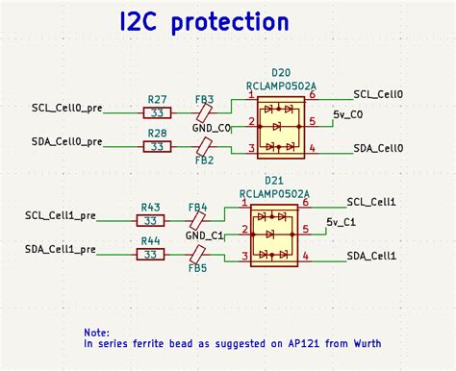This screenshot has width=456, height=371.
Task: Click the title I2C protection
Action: (203, 22)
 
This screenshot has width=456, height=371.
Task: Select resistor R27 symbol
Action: (158, 112)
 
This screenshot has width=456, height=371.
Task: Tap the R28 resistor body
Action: (158, 146)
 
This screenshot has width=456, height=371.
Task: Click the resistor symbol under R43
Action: (151, 221)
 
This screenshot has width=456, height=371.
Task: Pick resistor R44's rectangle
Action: (151, 255)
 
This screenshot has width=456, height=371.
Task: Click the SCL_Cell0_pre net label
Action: (66, 108)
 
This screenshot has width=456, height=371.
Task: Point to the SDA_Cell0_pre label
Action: (66, 141)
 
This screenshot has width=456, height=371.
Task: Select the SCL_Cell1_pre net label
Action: (60, 216)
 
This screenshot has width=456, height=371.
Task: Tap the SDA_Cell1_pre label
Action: (60, 250)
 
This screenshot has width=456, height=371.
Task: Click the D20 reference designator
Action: (281, 72)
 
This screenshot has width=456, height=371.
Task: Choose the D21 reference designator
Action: (274, 181)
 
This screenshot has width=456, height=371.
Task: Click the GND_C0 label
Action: (212, 129)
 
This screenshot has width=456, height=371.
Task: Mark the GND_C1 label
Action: (205, 236)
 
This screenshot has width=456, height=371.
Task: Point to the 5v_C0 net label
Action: (347, 114)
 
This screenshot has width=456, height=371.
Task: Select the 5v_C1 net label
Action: (342, 222)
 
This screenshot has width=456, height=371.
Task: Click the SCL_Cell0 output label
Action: (378, 94)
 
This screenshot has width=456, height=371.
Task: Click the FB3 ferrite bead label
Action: (204, 99)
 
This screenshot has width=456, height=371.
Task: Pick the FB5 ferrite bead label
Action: (198, 268)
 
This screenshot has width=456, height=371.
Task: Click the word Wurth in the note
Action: (364, 343)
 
